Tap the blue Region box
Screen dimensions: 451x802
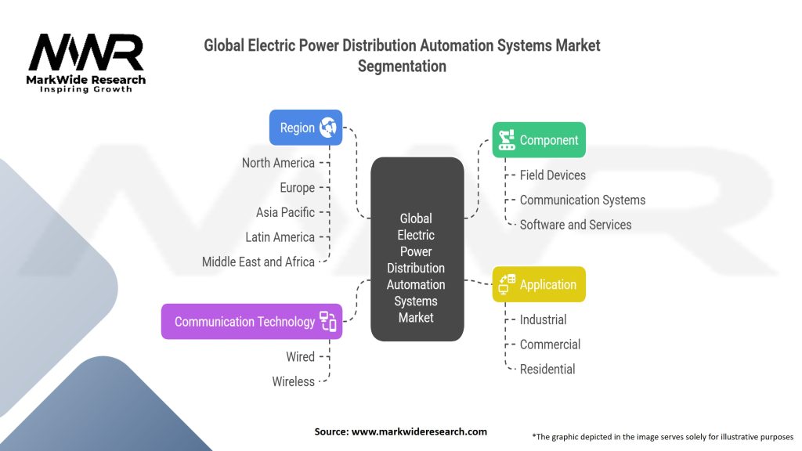click(x=305, y=128)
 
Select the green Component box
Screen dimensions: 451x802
click(x=538, y=140)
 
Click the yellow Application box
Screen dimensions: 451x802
click(x=538, y=284)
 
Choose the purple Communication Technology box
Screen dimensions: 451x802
click(x=251, y=321)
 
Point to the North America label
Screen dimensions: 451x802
click(x=278, y=163)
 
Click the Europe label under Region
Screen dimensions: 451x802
click(x=297, y=188)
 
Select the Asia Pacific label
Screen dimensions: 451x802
click(x=285, y=212)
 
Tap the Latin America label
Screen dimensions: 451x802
click(x=280, y=237)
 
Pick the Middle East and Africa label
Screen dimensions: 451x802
click(x=258, y=262)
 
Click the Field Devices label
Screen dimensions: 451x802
click(x=552, y=175)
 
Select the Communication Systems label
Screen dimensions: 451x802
click(x=582, y=200)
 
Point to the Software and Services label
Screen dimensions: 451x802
click(x=575, y=225)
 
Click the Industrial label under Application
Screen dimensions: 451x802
click(x=543, y=319)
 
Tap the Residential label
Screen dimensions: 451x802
click(x=547, y=369)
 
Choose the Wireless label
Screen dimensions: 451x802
click(x=293, y=381)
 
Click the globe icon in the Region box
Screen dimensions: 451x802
click(x=327, y=128)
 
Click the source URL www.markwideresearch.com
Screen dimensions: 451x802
click(x=420, y=431)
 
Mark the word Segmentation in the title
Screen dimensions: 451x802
click(x=402, y=66)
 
